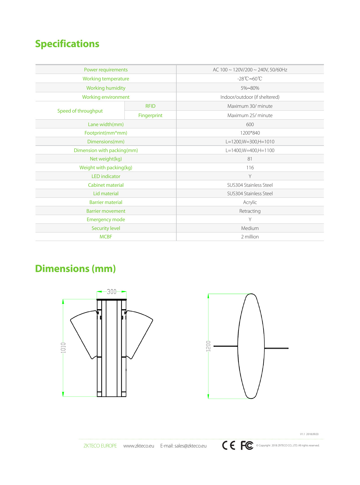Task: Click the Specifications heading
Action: coord(67,44)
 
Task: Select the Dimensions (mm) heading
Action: coord(75,269)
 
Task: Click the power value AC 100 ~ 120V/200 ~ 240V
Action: coord(250,70)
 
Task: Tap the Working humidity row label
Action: coord(106,88)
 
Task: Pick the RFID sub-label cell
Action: coord(150,106)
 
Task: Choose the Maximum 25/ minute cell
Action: coord(250,115)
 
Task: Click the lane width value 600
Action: coord(250,124)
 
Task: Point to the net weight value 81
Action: coord(250,159)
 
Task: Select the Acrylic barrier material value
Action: coord(250,202)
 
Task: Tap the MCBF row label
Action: coord(106,237)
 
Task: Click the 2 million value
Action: coord(250,237)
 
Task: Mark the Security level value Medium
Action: coord(250,228)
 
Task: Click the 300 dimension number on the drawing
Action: coord(112,292)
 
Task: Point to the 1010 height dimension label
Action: coord(63,348)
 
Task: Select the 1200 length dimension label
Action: coord(208,346)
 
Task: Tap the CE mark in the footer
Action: coord(229,446)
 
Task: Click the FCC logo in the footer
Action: coord(247,446)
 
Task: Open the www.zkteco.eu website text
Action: coord(139,446)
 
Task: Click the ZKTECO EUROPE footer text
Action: coord(100,446)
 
